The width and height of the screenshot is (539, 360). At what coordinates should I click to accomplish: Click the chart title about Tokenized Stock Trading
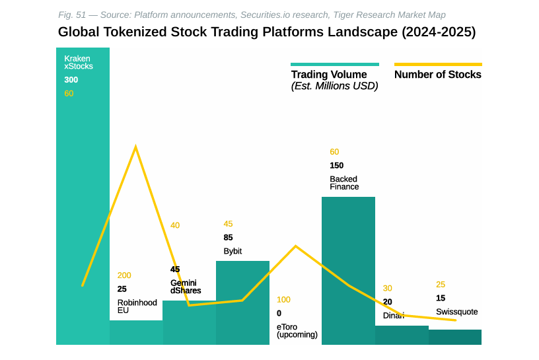(x=266, y=32)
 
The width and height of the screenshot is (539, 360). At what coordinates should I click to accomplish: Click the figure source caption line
(x=252, y=15)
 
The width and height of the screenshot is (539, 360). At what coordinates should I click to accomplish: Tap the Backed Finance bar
(x=348, y=271)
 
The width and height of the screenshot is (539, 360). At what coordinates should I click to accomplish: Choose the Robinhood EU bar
(x=136, y=332)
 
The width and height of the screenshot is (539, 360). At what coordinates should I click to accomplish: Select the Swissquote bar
(x=455, y=337)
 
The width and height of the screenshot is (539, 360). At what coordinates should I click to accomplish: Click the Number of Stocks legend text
(x=437, y=75)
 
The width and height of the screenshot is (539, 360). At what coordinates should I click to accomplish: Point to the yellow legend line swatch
(x=437, y=64)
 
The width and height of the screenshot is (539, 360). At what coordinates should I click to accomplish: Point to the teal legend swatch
(x=334, y=64)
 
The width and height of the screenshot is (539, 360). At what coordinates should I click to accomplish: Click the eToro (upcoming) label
(x=297, y=330)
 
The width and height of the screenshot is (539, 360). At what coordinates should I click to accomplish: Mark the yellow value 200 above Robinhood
(x=124, y=275)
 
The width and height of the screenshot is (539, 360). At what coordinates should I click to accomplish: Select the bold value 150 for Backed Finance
(x=337, y=166)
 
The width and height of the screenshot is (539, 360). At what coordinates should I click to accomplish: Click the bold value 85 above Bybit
(x=228, y=238)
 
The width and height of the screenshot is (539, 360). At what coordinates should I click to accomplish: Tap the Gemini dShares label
(x=185, y=287)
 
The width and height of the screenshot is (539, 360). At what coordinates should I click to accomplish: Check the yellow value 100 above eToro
(x=283, y=300)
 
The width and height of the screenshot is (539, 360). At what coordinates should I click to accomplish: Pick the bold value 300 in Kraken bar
(x=71, y=80)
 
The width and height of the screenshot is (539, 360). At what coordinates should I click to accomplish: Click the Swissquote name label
(x=456, y=312)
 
